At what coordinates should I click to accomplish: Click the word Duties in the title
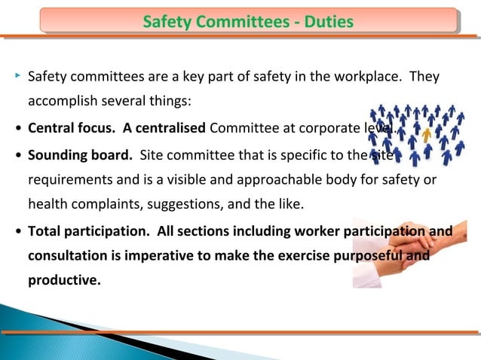coord(326,22)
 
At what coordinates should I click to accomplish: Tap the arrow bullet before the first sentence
coord(17,76)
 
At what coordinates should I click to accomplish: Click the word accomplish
coord(64,102)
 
